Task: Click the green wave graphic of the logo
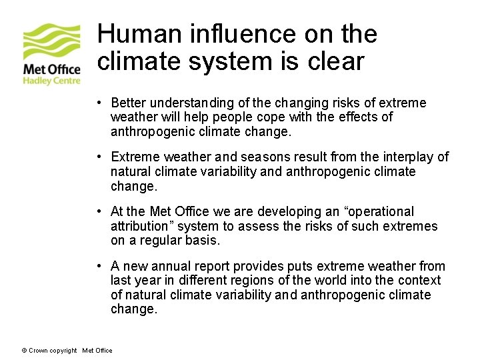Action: pos(52,41)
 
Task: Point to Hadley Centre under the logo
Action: pos(52,81)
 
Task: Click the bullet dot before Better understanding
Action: pos(97,103)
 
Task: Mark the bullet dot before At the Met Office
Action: pos(97,211)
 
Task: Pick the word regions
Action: pos(267,281)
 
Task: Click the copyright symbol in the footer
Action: pos(24,351)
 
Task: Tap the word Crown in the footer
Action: pos(37,351)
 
